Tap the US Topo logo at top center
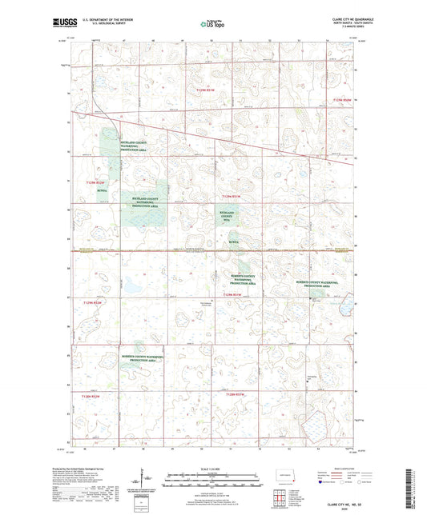212,24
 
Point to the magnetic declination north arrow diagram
147,481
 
